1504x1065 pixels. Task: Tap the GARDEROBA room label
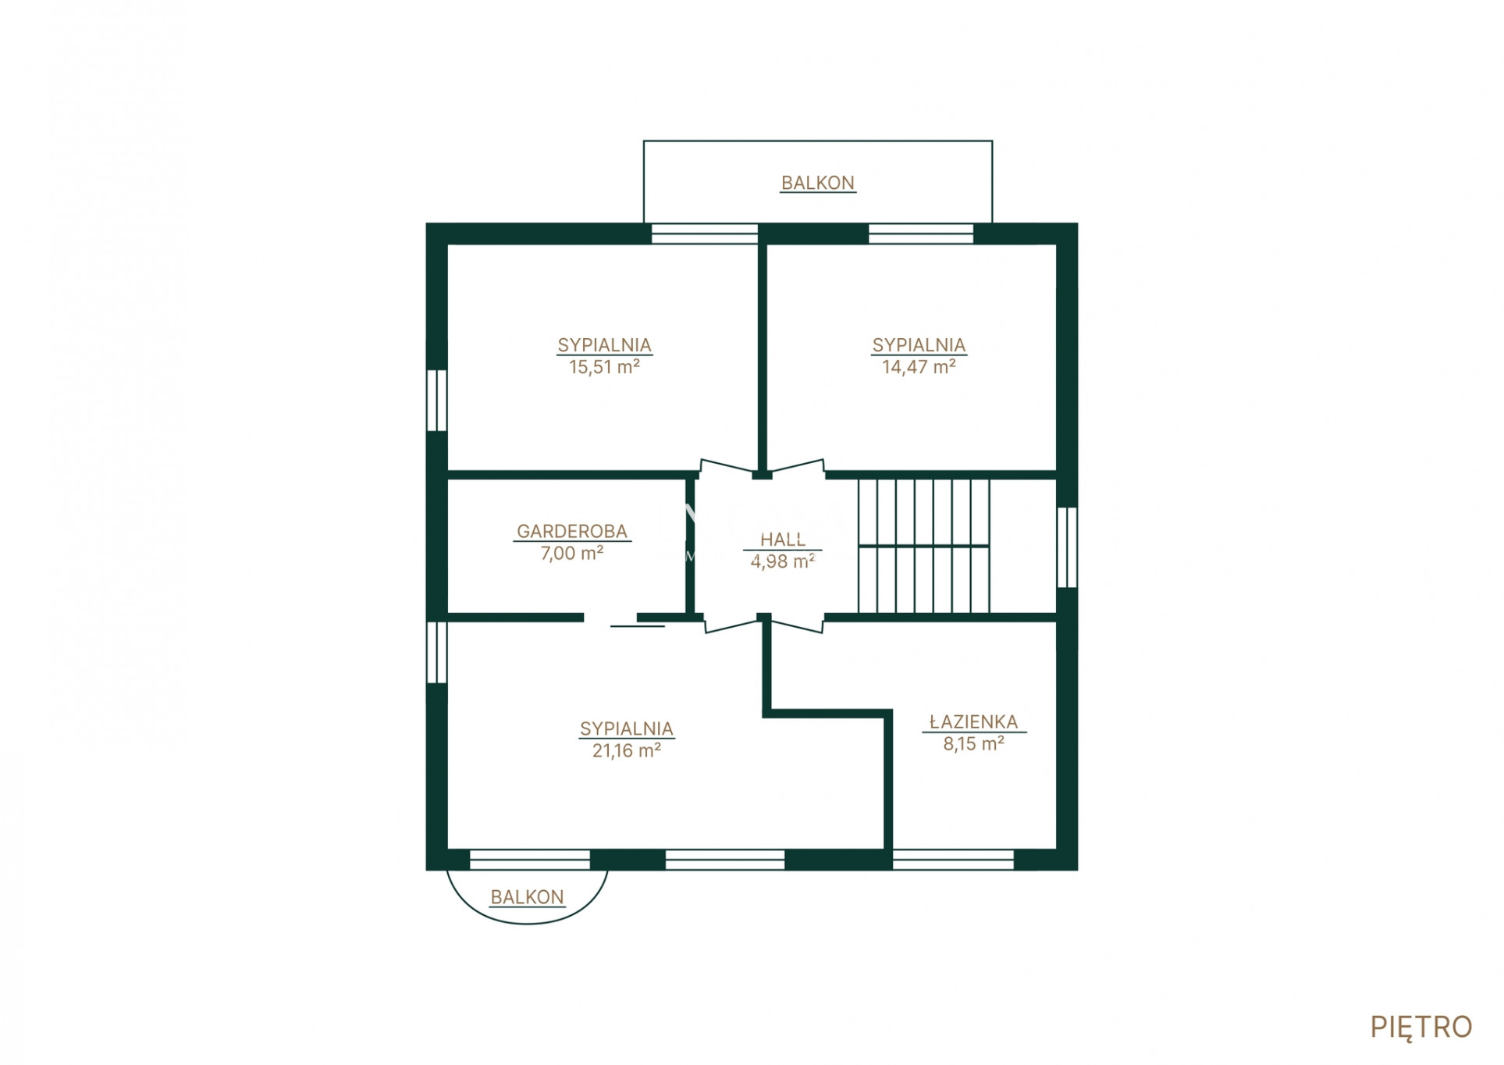(x=572, y=531)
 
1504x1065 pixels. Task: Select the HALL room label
(x=783, y=540)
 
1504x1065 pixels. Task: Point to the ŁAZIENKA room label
(x=973, y=722)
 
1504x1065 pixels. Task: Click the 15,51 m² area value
(x=604, y=367)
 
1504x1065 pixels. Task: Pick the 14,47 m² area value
(x=919, y=367)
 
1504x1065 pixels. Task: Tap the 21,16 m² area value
(x=627, y=750)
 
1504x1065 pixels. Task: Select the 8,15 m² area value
(x=973, y=743)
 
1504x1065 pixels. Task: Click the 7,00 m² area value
(x=572, y=553)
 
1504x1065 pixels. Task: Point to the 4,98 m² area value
(x=783, y=561)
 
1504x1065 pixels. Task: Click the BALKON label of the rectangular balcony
(x=818, y=183)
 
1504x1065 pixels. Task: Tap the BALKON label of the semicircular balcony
(x=527, y=897)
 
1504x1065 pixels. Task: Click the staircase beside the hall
(x=923, y=546)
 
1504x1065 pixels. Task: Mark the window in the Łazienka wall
(x=953, y=860)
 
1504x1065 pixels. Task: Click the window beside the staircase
(x=1067, y=547)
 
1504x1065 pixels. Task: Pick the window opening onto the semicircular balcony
(x=530, y=860)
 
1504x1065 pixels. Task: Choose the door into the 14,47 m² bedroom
(x=798, y=467)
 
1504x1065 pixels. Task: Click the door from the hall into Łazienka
(x=798, y=623)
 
